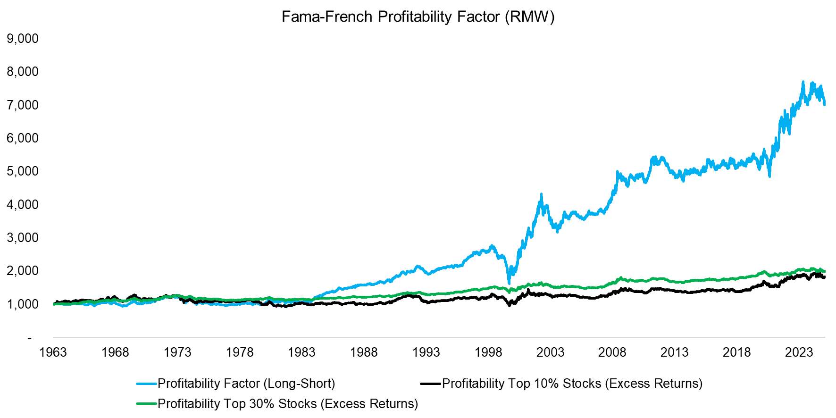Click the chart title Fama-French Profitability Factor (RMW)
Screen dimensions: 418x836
tap(418, 17)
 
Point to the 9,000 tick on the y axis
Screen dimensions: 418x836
tap(23, 39)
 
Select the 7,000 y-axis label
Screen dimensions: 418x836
tap(23, 105)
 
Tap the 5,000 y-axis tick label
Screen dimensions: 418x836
tap(23, 171)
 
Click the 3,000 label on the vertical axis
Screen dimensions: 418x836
tap(23, 238)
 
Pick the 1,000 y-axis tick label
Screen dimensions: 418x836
tap(23, 304)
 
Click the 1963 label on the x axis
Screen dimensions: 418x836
tap(53, 352)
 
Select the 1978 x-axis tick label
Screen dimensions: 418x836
tap(240, 352)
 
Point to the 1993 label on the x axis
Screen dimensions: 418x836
tap(426, 352)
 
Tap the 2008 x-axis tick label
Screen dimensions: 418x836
tap(612, 352)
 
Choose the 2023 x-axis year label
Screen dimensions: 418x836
tap(799, 352)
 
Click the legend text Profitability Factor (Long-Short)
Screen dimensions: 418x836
tap(246, 384)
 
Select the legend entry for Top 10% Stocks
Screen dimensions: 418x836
tap(572, 384)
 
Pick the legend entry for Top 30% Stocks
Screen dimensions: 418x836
tap(288, 404)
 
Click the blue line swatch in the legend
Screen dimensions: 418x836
tap(146, 384)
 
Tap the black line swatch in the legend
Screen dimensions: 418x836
tap(430, 384)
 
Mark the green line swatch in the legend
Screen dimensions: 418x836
tap(146, 404)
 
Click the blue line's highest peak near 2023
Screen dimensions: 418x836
tap(803, 82)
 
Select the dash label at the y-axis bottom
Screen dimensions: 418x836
tap(29, 338)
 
